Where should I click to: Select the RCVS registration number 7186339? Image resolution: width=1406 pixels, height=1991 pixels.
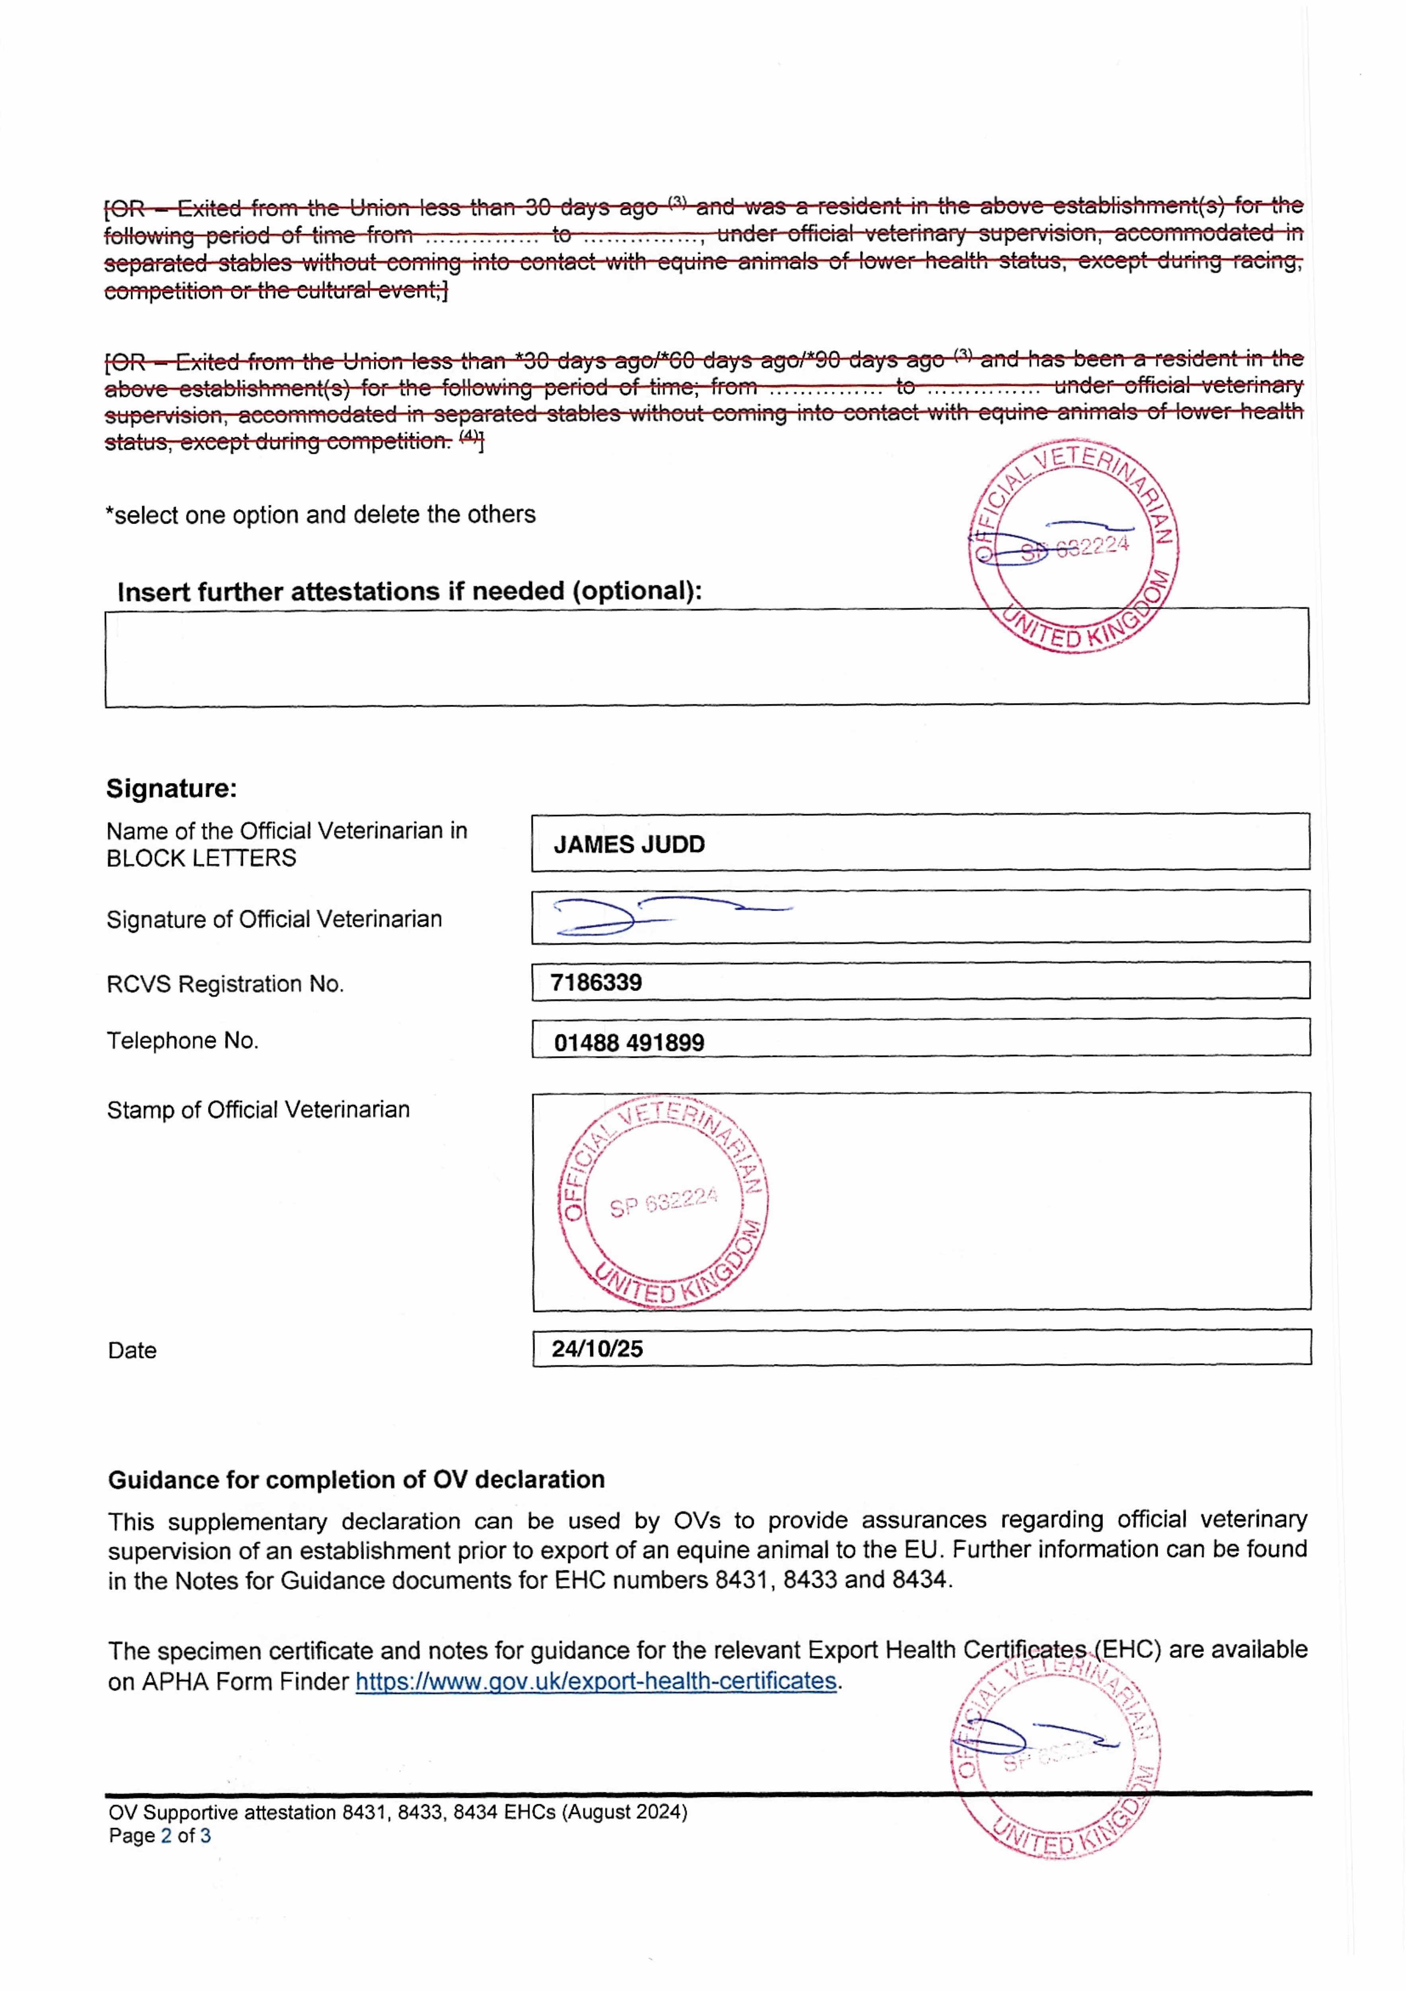click(x=597, y=982)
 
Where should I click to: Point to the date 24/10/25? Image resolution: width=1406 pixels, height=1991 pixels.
click(x=597, y=1348)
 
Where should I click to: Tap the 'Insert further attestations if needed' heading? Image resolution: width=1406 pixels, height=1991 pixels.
click(x=409, y=591)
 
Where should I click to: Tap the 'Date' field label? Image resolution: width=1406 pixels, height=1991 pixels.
click(x=133, y=1350)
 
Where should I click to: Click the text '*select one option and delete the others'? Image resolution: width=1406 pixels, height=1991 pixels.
click(x=321, y=515)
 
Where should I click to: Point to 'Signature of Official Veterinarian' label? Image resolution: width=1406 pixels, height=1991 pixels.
click(x=274, y=919)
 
